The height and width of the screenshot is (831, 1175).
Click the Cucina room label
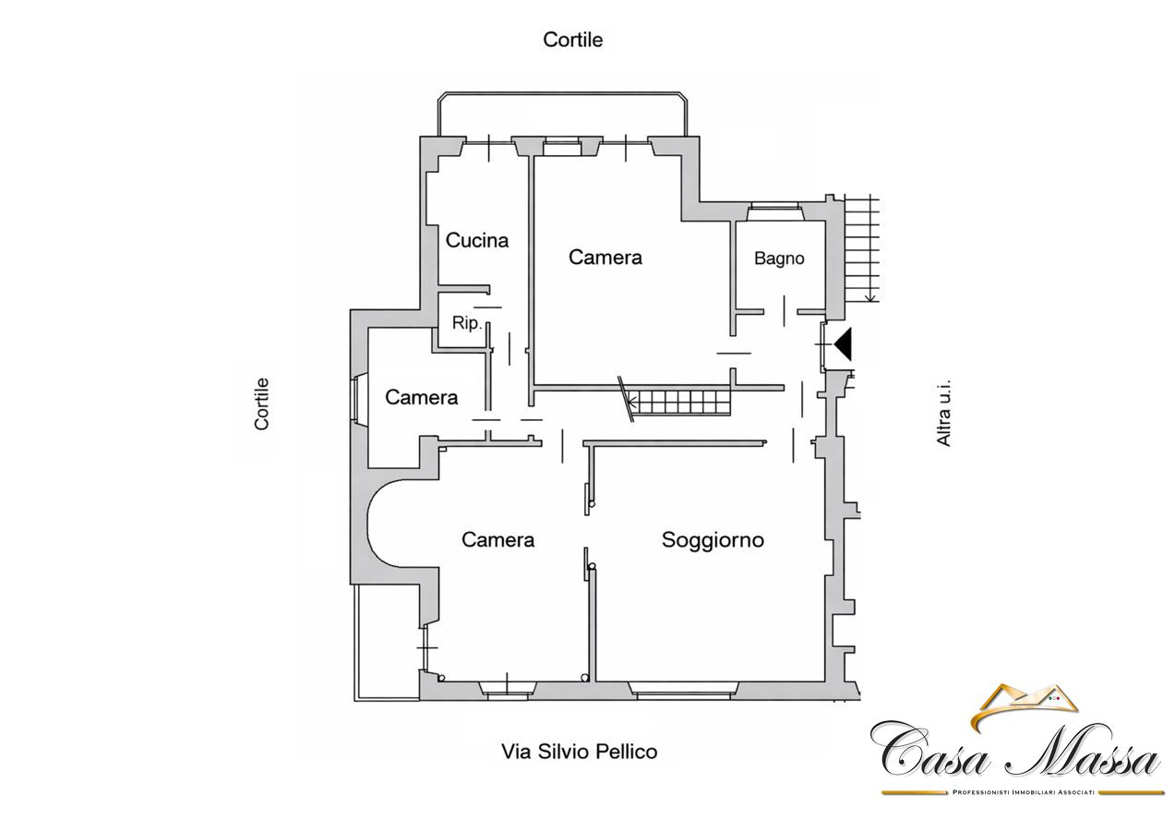(477, 240)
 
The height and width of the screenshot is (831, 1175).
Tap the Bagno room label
(779, 259)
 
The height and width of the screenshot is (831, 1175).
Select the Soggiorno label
(713, 540)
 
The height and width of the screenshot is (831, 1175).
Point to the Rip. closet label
(467, 322)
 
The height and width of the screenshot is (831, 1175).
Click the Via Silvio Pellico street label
(579, 752)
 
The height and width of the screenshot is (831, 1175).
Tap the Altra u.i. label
(943, 413)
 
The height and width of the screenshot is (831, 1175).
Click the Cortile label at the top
(573, 40)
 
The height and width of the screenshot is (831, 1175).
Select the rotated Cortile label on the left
(261, 404)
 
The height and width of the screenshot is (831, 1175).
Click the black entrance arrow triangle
(843, 343)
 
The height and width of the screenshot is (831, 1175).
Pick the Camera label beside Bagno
(605, 257)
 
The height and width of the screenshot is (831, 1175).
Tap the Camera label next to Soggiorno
(498, 540)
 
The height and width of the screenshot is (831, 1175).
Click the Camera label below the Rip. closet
(421, 397)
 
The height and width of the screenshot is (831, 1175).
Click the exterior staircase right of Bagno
(861, 248)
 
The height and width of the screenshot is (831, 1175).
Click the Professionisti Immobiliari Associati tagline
(1023, 792)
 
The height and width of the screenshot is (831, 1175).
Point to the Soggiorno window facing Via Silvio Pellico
(683, 691)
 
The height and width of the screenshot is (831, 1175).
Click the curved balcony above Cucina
(562, 94)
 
